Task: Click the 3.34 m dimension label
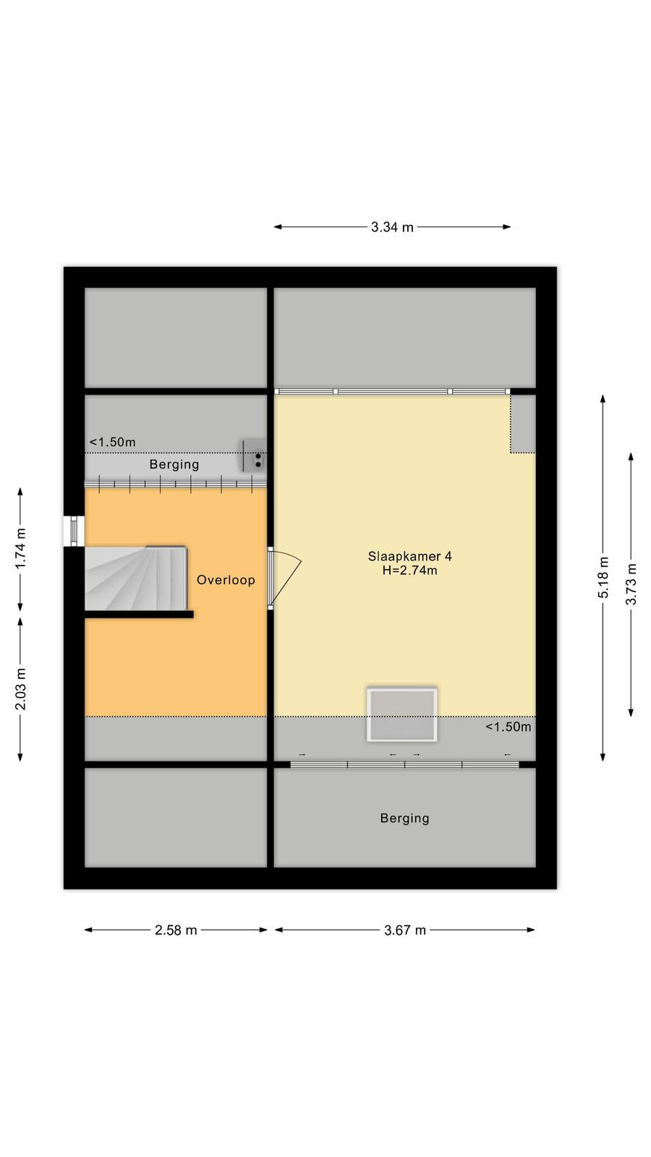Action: tap(392, 227)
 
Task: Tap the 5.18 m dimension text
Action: tap(603, 578)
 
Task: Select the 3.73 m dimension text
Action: tap(631, 584)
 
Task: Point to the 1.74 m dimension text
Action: tap(20, 549)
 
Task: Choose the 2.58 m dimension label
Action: tap(176, 930)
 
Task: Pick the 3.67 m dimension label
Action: tap(405, 930)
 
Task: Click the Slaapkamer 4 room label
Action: tap(409, 556)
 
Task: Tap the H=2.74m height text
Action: tap(409, 571)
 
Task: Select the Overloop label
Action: tap(226, 580)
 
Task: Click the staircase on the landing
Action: tap(135, 578)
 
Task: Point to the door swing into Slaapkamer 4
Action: tap(285, 578)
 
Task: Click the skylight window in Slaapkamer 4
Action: tap(402, 714)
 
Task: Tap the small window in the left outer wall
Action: tap(74, 531)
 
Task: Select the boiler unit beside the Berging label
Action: tap(254, 455)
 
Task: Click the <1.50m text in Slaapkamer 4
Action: tap(508, 727)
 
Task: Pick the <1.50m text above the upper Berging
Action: tap(113, 442)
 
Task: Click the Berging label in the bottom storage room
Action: tap(404, 818)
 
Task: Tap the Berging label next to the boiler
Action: tap(174, 464)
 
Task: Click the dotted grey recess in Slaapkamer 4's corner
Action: tap(523, 424)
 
